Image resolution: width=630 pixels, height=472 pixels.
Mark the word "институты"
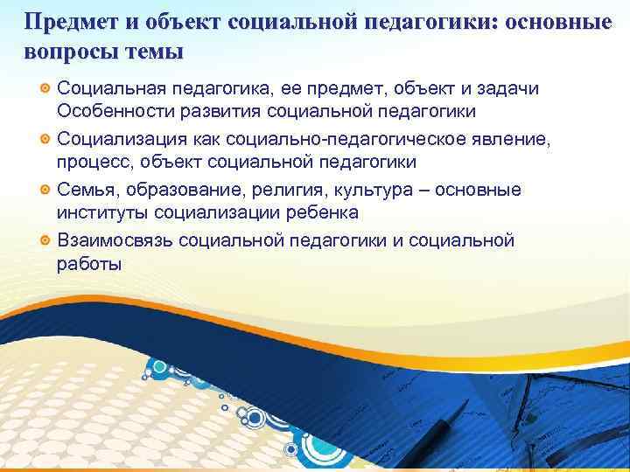click(101, 214)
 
